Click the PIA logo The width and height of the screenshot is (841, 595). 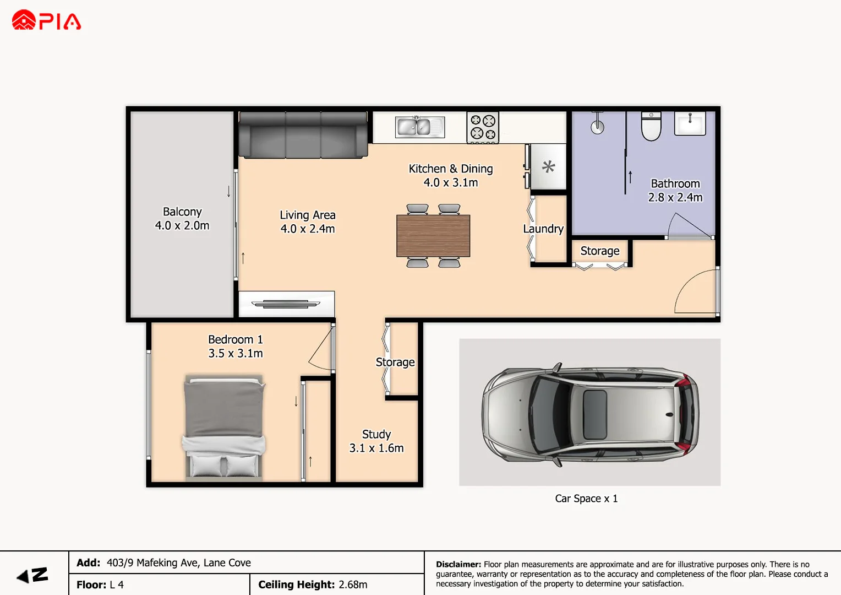46,21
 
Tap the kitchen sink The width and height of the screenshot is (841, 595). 420,127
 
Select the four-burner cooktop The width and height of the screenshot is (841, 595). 483,127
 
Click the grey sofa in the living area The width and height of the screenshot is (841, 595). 303,134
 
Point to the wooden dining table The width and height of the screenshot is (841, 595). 433,236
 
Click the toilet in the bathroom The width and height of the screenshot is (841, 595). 651,126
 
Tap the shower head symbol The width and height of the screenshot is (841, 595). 597,125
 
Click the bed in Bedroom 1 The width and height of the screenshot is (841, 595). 224,427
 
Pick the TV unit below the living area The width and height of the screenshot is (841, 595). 286,304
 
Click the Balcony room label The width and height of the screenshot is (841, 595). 182,219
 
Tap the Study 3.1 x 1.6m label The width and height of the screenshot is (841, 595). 376,441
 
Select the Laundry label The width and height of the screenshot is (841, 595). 543,229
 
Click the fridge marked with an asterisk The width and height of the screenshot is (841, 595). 548,167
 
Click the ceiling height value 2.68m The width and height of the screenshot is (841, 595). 353,585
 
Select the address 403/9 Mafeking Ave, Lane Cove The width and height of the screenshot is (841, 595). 178,562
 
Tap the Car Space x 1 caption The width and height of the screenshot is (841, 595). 586,499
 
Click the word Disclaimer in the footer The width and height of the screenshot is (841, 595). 458,564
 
